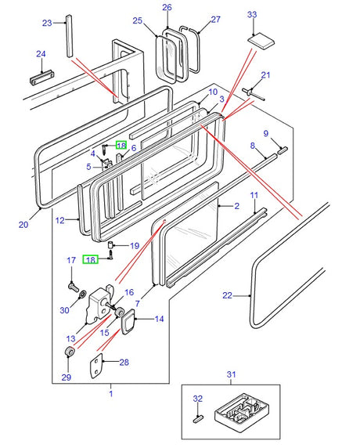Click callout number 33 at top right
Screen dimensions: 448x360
251,15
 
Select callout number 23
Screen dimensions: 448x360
46,22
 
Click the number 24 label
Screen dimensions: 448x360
41,54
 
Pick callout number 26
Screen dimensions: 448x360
167,8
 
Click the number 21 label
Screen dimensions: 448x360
265,75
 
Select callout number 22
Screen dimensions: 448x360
228,295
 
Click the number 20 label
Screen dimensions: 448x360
23,224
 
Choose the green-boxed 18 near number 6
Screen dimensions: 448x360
121,145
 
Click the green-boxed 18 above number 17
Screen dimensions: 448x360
90,259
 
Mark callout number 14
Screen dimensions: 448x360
160,319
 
